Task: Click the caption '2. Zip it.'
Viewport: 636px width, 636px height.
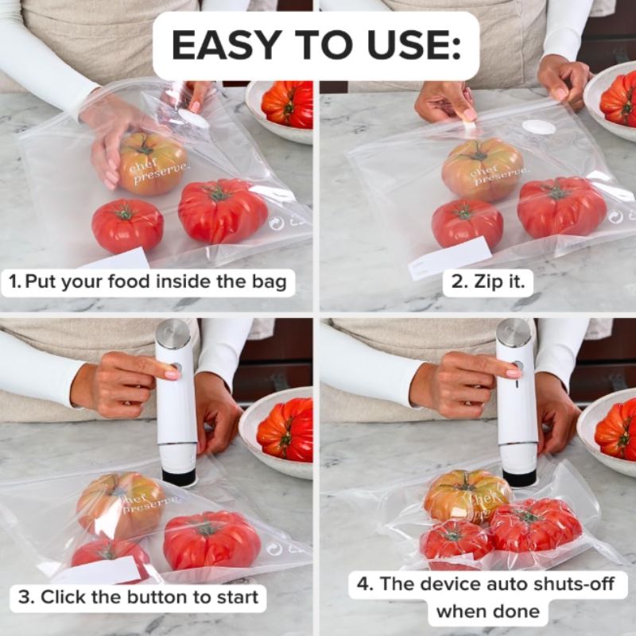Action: pos(488,282)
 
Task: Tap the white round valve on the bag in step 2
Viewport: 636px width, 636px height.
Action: pos(539,127)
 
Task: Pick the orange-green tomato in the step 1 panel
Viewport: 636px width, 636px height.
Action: pos(153,163)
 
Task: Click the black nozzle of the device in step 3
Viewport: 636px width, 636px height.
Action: pos(179,477)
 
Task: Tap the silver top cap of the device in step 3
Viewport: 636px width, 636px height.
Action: pos(173,330)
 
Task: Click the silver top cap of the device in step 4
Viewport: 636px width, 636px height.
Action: pos(514,330)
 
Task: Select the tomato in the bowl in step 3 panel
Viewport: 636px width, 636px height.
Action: pos(285,430)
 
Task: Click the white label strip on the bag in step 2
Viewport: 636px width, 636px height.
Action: pos(449,258)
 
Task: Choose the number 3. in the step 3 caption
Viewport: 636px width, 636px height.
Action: pos(27,597)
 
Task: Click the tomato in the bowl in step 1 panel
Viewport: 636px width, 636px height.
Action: pos(288,104)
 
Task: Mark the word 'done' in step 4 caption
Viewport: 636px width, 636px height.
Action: pos(520,611)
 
